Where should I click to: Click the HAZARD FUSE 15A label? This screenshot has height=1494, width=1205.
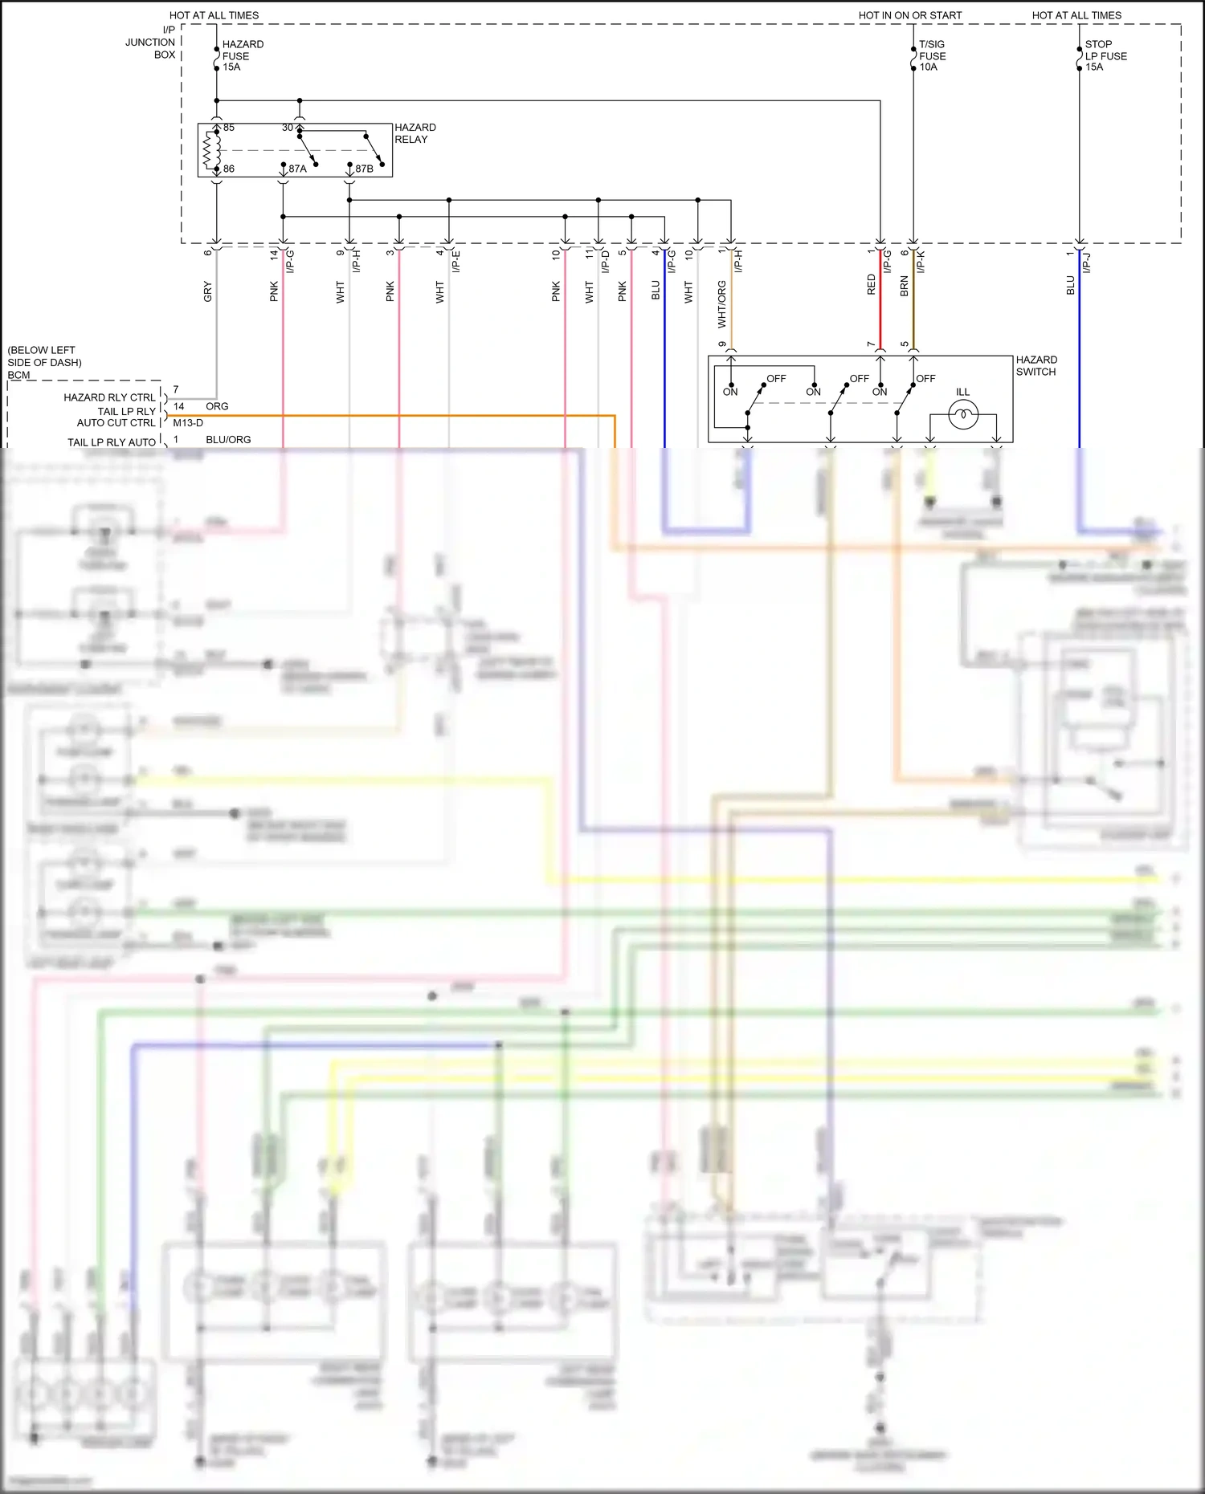click(x=242, y=56)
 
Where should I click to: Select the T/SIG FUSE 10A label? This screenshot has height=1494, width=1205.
click(x=932, y=56)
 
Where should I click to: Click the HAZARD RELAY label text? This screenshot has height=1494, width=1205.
click(x=415, y=133)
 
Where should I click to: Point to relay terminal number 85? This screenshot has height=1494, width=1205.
click(x=229, y=128)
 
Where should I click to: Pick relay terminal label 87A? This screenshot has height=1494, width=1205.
click(x=297, y=169)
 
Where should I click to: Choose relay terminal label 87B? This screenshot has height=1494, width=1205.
click(x=364, y=169)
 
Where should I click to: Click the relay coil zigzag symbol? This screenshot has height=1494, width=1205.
click(x=211, y=149)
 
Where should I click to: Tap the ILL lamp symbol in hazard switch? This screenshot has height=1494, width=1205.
click(x=962, y=415)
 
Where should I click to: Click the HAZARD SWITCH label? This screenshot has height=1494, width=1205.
click(x=1035, y=366)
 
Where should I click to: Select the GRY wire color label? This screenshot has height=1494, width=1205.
click(x=208, y=291)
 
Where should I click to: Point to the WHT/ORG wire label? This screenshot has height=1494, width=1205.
click(x=721, y=304)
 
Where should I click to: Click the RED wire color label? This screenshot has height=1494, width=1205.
click(x=872, y=284)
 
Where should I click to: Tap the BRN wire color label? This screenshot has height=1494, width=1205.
click(x=905, y=287)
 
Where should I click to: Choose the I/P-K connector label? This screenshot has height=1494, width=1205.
click(x=921, y=261)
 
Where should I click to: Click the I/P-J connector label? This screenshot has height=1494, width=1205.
click(x=1087, y=262)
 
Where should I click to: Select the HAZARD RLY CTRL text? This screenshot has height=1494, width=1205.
click(x=109, y=397)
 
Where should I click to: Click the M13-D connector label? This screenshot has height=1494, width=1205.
click(x=188, y=423)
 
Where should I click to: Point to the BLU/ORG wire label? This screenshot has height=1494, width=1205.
click(x=228, y=440)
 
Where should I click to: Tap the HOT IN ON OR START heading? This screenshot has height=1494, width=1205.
click(x=909, y=15)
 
